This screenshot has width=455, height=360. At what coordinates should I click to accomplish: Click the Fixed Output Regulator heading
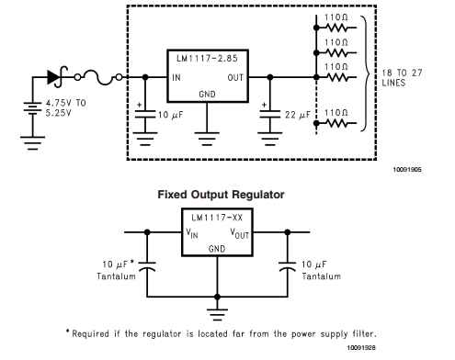[x=221, y=195]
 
